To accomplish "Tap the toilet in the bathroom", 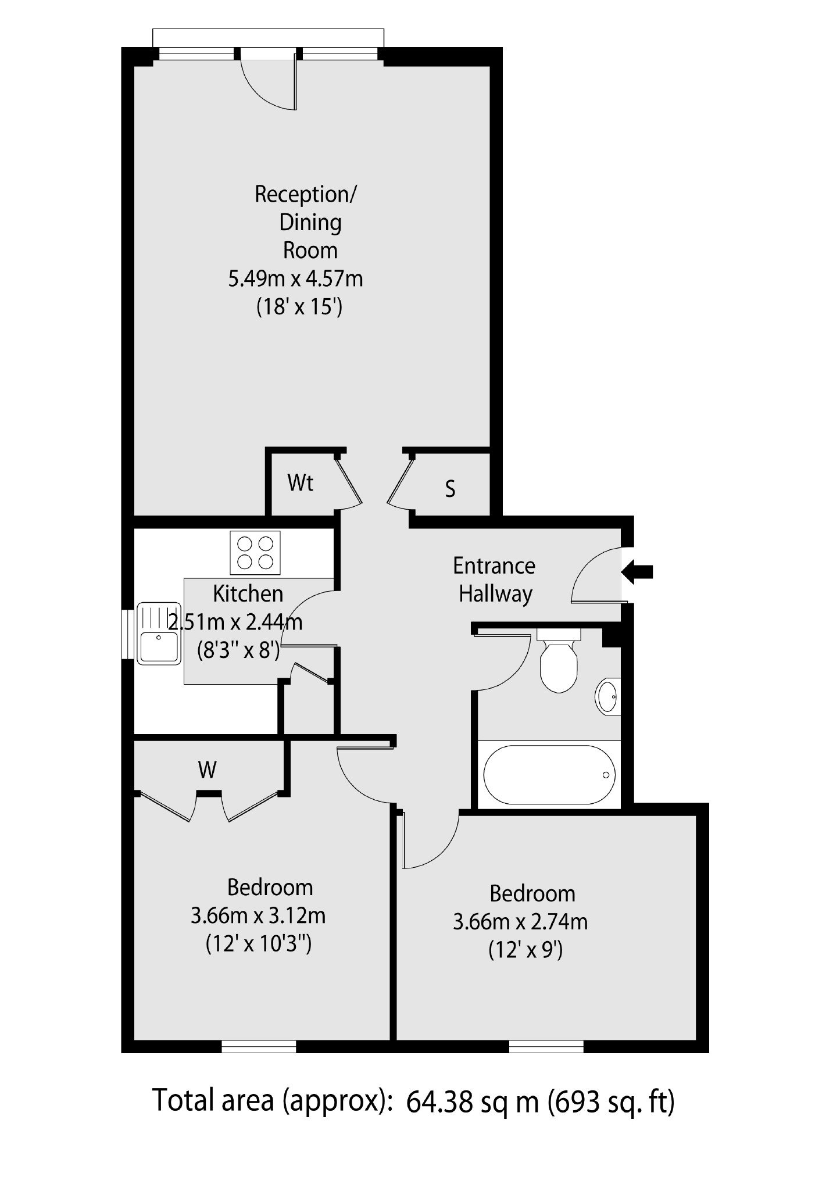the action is tap(558, 660).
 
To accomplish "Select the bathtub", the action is tap(548, 774).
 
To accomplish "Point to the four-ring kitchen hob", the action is tap(255, 552).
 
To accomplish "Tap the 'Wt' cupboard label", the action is tap(300, 482).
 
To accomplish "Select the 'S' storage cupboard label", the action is tap(450, 489).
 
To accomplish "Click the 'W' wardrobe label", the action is tap(207, 770).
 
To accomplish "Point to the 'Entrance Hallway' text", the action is tap(495, 580).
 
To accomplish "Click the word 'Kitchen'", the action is tap(248, 593).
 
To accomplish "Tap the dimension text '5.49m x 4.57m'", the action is tap(295, 279).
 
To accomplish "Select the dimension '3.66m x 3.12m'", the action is tap(258, 916).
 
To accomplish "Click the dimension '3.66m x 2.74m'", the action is tap(520, 922).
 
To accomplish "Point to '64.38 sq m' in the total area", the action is tap(472, 1101).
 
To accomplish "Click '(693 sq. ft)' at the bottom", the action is tap(612, 1101).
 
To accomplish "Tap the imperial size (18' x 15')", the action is tap(299, 307).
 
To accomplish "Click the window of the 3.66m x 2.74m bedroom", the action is tap(546, 1047).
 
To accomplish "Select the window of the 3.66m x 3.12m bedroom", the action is tap(259, 1047).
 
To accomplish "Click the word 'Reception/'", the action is tap(306, 195).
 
